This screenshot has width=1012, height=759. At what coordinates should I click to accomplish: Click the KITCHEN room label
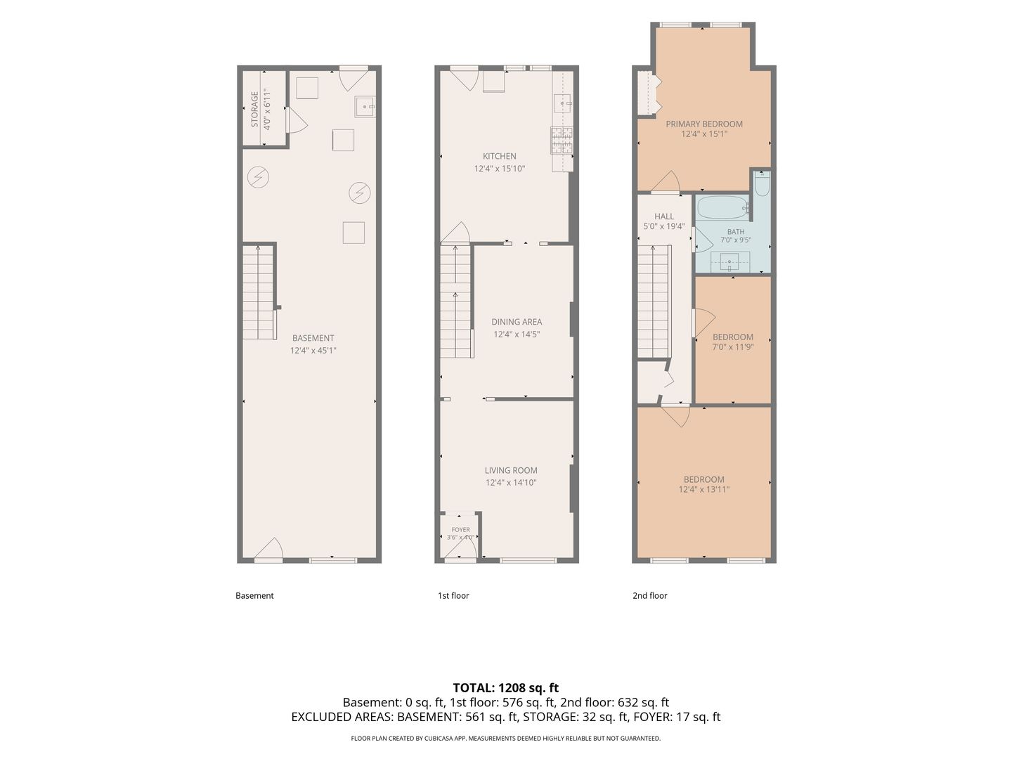pos(499,156)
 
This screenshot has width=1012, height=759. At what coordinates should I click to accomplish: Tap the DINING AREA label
pos(517,322)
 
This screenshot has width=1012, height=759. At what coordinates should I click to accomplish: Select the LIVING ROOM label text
pos(511,471)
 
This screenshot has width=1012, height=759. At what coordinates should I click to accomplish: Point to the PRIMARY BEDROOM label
pos(704,124)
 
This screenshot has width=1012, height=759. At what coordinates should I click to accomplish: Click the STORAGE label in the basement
pos(254,109)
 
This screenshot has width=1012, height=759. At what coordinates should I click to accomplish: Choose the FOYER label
pos(461,530)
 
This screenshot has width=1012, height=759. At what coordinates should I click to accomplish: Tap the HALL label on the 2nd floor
pos(664,216)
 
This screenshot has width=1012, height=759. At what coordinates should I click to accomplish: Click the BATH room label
pos(736,232)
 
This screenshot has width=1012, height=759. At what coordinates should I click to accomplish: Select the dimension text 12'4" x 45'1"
pos(313,350)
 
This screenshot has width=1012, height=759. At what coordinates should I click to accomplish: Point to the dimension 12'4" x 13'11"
pos(704,489)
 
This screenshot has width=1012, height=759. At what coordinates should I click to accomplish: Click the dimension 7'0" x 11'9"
pos(733,347)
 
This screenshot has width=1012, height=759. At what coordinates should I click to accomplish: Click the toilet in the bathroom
pos(762,183)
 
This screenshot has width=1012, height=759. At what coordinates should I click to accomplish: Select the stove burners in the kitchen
pos(562,141)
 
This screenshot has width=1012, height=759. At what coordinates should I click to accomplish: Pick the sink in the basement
pos(365,107)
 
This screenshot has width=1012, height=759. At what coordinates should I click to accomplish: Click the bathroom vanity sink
pos(729,263)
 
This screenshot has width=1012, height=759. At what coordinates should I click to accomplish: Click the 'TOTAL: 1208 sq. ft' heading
pos(506,688)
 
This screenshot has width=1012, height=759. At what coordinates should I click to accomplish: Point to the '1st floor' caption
pos(453,595)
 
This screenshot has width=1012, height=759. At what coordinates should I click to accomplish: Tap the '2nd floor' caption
pos(649,595)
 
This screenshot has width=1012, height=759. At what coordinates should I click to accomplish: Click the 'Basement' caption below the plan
pos(254,595)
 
